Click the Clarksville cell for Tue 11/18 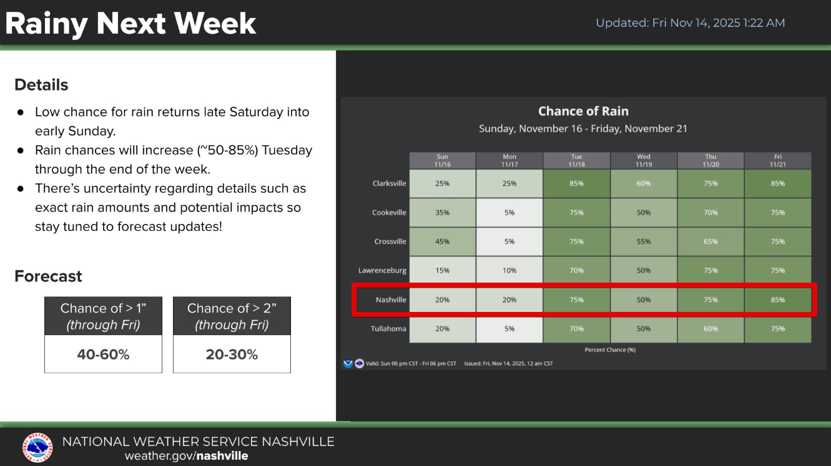pos(576,183)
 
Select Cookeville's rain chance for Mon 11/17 pos(509,213)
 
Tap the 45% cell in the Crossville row pos(442,241)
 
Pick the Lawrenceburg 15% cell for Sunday pos(442,270)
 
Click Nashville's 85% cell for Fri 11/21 pos(777,299)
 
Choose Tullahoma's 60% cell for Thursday pos(711,329)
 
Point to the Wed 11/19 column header pos(643,160)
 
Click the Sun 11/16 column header pos(442,160)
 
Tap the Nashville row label pos(391,299)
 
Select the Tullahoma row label pos(388,329)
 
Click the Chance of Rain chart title pos(583,111)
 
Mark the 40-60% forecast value pos(103,354)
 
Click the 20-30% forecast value pos(232,354)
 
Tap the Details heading pos(41,85)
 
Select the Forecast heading pos(48,276)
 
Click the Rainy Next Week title pos(130,24)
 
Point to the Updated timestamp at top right pos(690,23)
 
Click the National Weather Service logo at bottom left pos(37,447)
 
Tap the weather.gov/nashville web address pos(186,455)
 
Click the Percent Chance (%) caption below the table pos(610,349)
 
